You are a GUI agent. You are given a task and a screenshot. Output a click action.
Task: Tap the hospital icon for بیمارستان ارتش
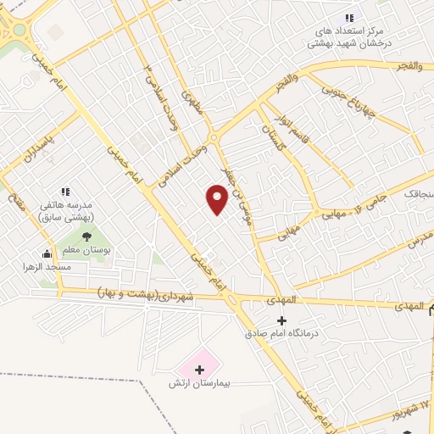200,370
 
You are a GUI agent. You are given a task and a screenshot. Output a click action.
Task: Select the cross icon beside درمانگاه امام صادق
282,320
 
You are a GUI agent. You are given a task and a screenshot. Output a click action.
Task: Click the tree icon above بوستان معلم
86,236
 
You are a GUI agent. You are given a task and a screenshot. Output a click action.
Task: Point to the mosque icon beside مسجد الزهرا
47,253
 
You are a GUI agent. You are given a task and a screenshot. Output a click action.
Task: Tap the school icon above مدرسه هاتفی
65,192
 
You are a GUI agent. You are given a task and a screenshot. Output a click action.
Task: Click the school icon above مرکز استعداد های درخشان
348,19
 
